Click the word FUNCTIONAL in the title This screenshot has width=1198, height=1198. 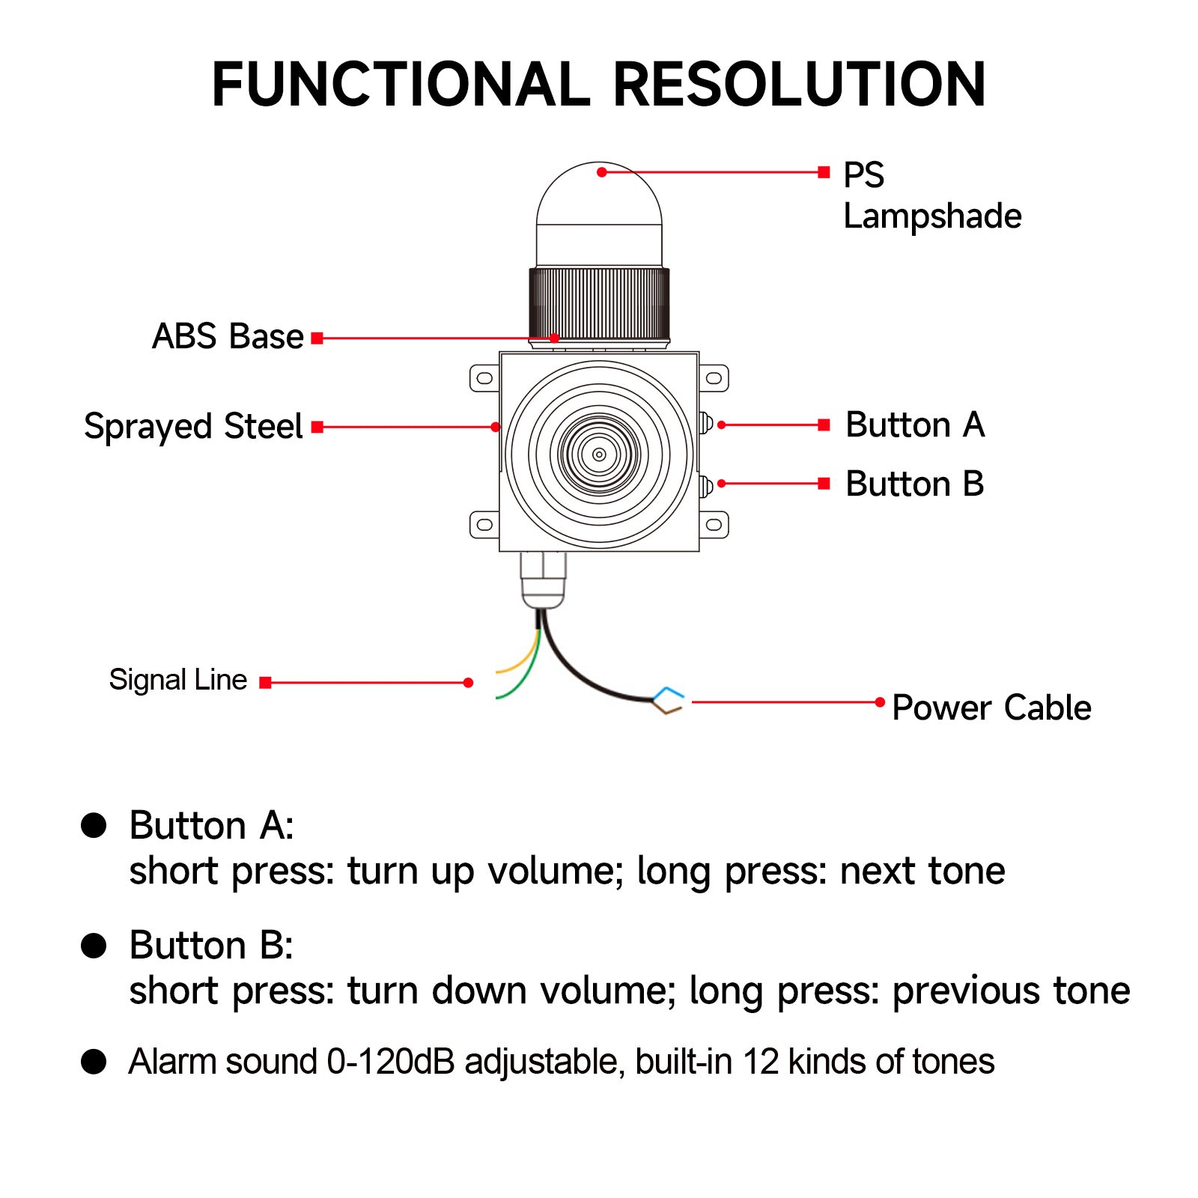click(401, 85)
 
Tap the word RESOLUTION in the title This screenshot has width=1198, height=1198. click(799, 85)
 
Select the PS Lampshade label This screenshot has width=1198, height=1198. click(931, 195)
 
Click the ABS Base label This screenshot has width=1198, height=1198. click(228, 337)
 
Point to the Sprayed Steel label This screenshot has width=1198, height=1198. click(193, 427)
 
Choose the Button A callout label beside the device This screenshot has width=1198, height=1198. click(914, 425)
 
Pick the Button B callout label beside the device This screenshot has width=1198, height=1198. click(914, 484)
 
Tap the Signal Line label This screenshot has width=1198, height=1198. click(177, 680)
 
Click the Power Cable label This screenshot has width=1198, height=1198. click(991, 708)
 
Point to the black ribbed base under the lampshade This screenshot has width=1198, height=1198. click(599, 305)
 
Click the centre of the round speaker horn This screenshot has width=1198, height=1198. click(599, 454)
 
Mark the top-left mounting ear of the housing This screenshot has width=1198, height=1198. click(484, 378)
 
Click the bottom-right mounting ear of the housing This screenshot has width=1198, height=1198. click(714, 525)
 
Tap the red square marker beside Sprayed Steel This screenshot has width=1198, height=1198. click(317, 427)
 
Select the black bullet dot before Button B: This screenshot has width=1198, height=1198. click(94, 946)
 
